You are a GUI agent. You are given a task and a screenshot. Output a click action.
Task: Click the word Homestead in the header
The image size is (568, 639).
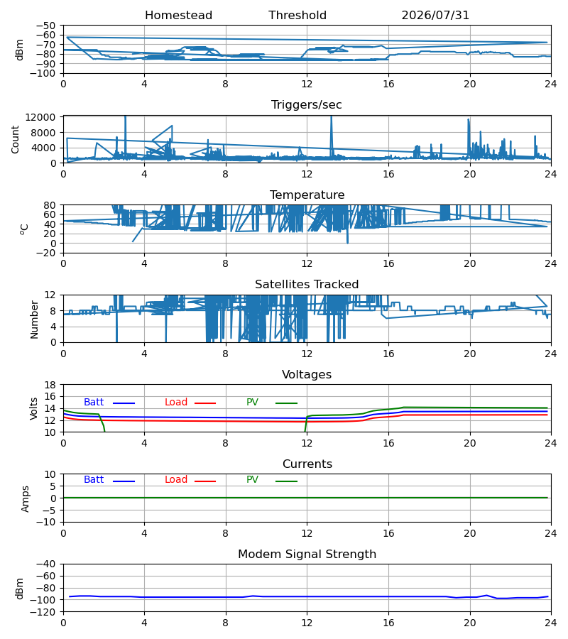[x=178, y=16]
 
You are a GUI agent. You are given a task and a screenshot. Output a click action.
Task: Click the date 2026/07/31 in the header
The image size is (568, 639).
[x=435, y=16]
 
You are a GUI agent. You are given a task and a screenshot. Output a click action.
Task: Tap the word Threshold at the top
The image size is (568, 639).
[x=297, y=16]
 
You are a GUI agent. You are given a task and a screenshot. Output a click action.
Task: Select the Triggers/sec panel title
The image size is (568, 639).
[x=307, y=105]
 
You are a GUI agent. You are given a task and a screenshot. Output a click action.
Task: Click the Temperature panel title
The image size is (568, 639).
[x=307, y=195]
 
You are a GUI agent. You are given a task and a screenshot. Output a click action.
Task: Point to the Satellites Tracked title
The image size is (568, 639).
[x=307, y=285]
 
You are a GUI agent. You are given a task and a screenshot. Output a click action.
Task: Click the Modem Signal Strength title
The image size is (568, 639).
[x=307, y=555]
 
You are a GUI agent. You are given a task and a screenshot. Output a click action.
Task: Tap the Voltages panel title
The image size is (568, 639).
[x=307, y=374]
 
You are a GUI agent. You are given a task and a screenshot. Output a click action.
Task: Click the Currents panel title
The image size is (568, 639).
[x=307, y=464]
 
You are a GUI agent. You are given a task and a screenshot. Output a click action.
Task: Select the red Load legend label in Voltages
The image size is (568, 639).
[x=176, y=403]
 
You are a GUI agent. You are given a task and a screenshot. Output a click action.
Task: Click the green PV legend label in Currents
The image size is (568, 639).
[x=252, y=480]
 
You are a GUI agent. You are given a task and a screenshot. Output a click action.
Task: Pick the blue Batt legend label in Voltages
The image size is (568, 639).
[x=94, y=403]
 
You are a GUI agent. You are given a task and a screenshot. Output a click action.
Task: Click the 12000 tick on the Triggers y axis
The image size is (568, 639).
[x=40, y=117]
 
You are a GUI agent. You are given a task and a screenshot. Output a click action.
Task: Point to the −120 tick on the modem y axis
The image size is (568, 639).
[x=45, y=612]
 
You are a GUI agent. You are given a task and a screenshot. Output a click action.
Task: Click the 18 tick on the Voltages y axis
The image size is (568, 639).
[x=50, y=385]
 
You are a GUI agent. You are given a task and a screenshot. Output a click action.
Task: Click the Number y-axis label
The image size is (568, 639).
[x=34, y=319]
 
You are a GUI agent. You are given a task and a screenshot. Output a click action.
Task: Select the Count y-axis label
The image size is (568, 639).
[x=16, y=139]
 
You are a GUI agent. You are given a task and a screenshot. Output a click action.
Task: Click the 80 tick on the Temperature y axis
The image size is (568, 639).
[x=50, y=205]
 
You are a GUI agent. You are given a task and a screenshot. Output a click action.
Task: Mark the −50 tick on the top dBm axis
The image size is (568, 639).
[x=45, y=26]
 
